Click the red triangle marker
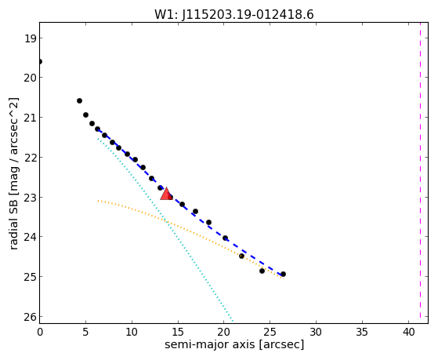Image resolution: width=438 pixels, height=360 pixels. pyautogui.click(x=166, y=194)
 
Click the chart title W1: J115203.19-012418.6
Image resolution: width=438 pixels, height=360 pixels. pyautogui.click(x=234, y=14)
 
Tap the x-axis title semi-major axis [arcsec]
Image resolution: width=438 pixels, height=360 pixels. pyautogui.click(x=234, y=344)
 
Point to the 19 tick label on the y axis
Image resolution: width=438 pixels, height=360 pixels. pyautogui.click(x=30, y=38)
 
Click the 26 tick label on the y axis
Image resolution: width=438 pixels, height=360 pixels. pyautogui.click(x=30, y=317)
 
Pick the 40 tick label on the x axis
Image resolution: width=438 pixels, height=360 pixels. pyautogui.click(x=408, y=332)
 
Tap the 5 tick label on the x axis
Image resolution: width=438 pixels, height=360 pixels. pyautogui.click(x=85, y=332)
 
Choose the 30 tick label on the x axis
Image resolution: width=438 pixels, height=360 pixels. pyautogui.click(x=317, y=332)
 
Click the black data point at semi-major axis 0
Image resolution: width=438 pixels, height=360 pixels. pyautogui.click(x=40, y=61)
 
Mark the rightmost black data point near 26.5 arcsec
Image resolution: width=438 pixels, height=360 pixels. pyautogui.click(x=283, y=275)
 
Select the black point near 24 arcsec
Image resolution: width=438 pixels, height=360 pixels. pyautogui.click(x=262, y=271)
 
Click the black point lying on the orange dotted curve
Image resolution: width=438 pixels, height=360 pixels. pyautogui.click(x=241, y=256)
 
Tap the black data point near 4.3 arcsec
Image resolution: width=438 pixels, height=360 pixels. pyautogui.click(x=79, y=100)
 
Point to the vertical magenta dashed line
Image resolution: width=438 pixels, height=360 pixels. pyautogui.click(x=420, y=170)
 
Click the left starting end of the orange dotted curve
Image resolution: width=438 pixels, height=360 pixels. pyautogui.click(x=98, y=201)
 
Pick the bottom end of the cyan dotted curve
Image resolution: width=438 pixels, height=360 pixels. pyautogui.click(x=233, y=321)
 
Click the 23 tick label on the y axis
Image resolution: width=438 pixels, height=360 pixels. pyautogui.click(x=30, y=197)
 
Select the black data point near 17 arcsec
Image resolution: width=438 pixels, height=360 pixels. pyautogui.click(x=196, y=211)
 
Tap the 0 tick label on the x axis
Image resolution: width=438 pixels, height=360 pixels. pyautogui.click(x=40, y=332)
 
